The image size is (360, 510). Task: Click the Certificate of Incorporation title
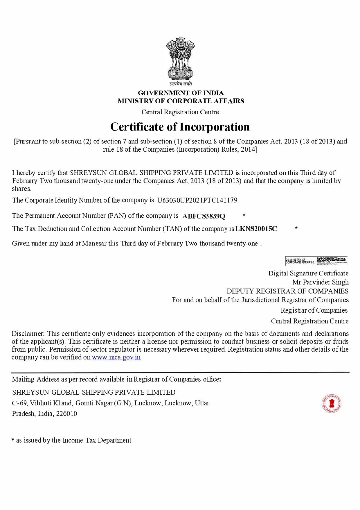pyautogui.click(x=180, y=127)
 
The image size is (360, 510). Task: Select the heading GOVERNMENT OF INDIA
pyautogui.click(x=181, y=93)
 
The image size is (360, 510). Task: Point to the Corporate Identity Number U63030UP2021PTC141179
pyautogui.click(x=198, y=200)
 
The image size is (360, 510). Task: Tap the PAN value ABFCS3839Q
pyautogui.click(x=204, y=216)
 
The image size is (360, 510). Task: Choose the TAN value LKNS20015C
pyautogui.click(x=256, y=229)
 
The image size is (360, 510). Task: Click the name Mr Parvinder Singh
pyautogui.click(x=320, y=282)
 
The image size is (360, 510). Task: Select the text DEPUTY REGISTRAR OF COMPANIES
pyautogui.click(x=287, y=291)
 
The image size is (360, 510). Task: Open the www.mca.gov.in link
pyautogui.click(x=116, y=357)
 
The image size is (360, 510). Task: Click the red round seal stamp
pyautogui.click(x=331, y=404)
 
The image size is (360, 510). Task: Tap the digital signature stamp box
pyautogui.click(x=316, y=261)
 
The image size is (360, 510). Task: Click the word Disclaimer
pyautogui.click(x=28, y=334)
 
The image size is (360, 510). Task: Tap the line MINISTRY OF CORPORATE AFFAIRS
pyautogui.click(x=181, y=101)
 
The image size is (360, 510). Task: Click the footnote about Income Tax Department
pyautogui.click(x=71, y=441)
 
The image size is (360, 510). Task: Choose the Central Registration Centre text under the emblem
pyautogui.click(x=180, y=112)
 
